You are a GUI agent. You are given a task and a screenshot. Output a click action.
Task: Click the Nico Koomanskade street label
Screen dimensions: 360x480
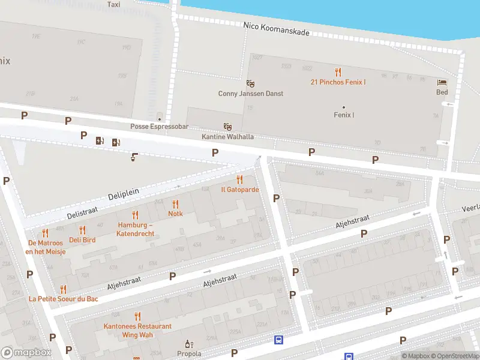tap(277, 29)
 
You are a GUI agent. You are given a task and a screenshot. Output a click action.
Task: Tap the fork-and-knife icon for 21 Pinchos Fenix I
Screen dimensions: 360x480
tap(338, 71)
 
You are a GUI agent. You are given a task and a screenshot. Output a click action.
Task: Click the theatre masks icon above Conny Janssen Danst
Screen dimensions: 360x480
tap(251, 83)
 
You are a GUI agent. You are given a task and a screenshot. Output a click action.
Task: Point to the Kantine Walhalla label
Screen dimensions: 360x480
tap(227, 137)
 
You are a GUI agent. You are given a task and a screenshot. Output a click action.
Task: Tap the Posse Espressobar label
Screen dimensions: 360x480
tap(159, 127)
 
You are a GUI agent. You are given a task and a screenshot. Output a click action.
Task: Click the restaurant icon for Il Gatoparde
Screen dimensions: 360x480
tap(240, 179)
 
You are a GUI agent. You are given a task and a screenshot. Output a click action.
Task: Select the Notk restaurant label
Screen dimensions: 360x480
tap(175, 214)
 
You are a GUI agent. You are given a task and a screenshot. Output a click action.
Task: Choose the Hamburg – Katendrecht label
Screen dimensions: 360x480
tap(136, 229)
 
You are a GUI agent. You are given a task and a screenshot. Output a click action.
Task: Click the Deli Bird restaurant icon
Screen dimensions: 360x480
tap(82, 230)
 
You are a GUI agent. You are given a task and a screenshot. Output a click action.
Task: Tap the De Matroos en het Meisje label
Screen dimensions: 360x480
tap(46, 247)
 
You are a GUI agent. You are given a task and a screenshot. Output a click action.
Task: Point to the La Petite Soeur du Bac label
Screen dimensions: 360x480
tap(63, 298)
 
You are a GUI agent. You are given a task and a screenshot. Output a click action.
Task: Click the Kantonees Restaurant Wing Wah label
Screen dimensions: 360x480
tap(137, 330)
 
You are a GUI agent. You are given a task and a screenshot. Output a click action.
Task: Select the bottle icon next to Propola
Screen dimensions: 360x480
tap(189, 344)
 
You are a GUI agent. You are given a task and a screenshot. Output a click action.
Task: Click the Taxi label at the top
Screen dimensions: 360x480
tap(113, 4)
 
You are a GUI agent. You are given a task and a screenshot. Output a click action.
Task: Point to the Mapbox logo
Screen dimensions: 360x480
tap(25, 353)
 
